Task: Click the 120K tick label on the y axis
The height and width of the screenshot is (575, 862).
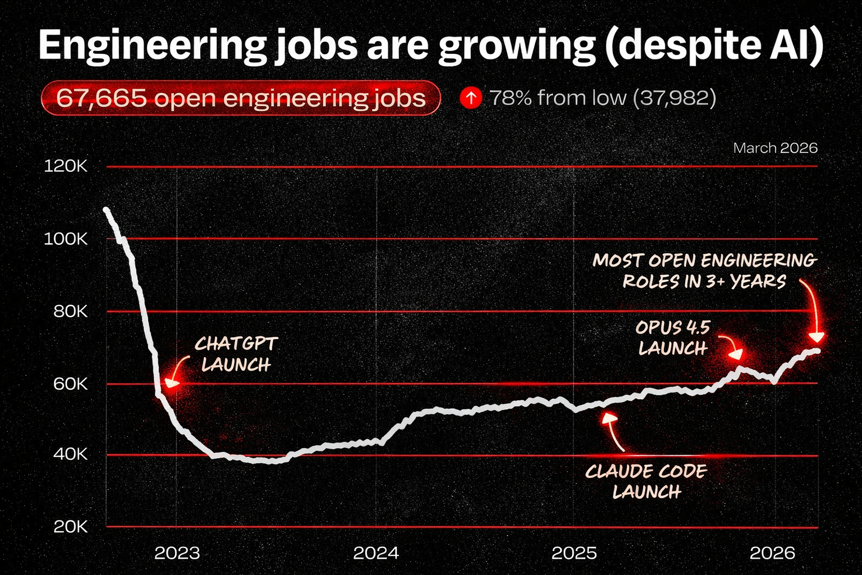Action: [x=66, y=167]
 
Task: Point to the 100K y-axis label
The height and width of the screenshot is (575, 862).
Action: [x=66, y=239]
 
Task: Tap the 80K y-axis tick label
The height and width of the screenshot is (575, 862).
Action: [x=70, y=312]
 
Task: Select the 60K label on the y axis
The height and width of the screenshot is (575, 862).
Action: [x=70, y=384]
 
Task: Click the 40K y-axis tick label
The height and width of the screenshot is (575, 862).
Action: [x=70, y=454]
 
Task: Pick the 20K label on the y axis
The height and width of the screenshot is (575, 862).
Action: [x=70, y=527]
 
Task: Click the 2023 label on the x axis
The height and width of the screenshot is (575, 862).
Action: [x=177, y=553]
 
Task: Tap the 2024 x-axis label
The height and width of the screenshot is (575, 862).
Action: [x=375, y=553]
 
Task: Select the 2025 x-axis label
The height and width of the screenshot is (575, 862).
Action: [x=574, y=553]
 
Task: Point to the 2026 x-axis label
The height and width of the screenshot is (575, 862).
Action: [x=773, y=553]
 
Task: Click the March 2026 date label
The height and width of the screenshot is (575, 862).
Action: [x=775, y=148]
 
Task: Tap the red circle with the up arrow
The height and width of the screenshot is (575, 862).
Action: [x=470, y=98]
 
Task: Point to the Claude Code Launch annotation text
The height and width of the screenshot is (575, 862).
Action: [x=646, y=481]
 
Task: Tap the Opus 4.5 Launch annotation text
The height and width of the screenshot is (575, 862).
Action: [x=673, y=338]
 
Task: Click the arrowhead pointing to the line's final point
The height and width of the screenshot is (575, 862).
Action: [x=817, y=337]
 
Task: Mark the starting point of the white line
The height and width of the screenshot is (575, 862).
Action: [x=106, y=210]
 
